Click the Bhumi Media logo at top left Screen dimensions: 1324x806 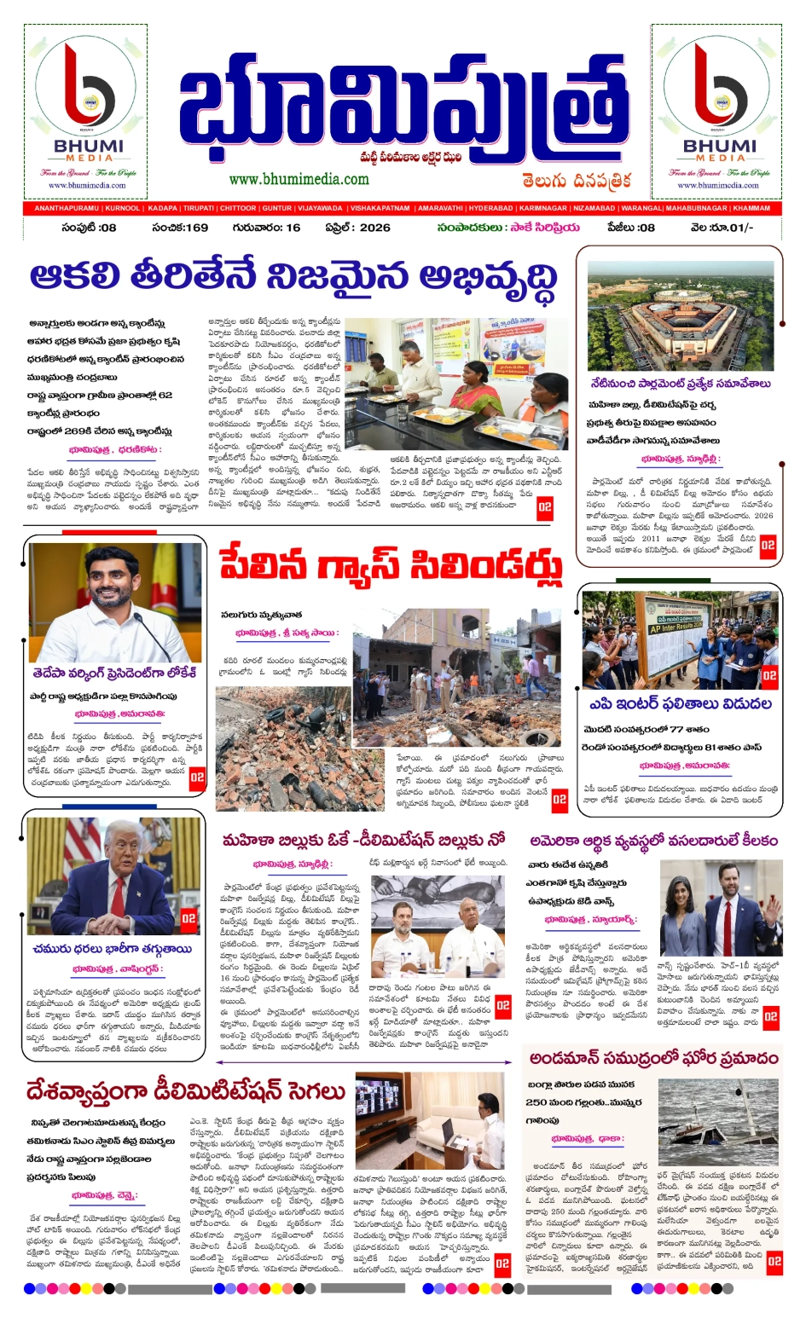pyautogui.click(x=85, y=111)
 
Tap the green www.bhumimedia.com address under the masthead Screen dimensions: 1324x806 pyautogui.click(x=299, y=180)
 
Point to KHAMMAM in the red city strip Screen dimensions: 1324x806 pyautogui.click(x=751, y=208)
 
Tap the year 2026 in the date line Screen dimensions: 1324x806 pyautogui.click(x=374, y=228)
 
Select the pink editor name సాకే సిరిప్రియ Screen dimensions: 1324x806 pyautogui.click(x=545, y=228)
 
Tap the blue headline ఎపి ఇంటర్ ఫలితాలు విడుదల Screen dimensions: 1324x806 pyautogui.click(x=680, y=704)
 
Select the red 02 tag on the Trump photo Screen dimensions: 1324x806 pyautogui.click(x=188, y=918)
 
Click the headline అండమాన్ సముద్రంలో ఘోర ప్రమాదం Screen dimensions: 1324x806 pyautogui.click(x=653, y=1059)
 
